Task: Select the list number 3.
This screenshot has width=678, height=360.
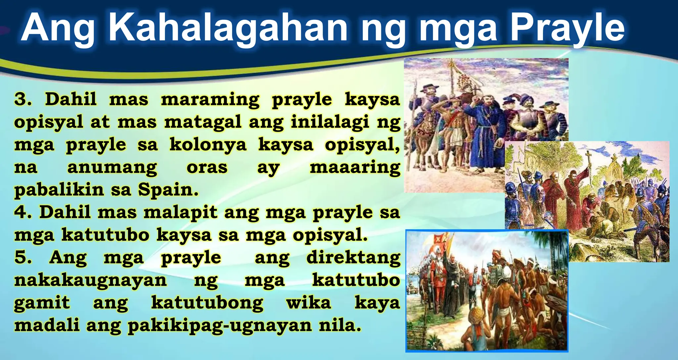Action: pyautogui.click(x=23, y=99)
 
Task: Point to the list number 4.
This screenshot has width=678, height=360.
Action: pyautogui.click(x=23, y=212)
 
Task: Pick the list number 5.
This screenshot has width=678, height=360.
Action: pyautogui.click(x=23, y=257)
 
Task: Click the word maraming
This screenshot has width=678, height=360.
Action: pyautogui.click(x=210, y=100)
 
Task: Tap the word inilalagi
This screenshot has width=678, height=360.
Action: pyautogui.click(x=330, y=122)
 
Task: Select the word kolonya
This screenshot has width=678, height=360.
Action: pyautogui.click(x=208, y=145)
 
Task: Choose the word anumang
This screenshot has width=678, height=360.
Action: pyautogui.click(x=112, y=167)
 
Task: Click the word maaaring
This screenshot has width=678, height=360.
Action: pyautogui.click(x=355, y=167)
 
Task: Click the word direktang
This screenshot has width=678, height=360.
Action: pyautogui.click(x=353, y=258)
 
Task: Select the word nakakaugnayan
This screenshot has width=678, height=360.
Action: pyautogui.click(x=90, y=280)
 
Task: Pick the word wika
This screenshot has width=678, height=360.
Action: pyautogui.click(x=309, y=303)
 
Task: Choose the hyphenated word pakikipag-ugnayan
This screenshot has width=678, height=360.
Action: pyautogui.click(x=219, y=326)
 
